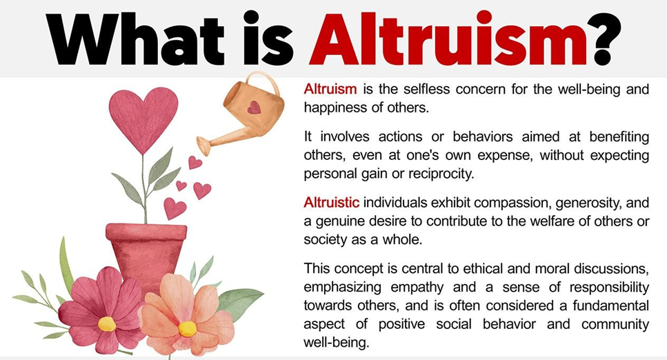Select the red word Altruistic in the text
tap(331, 203)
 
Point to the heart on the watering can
tap(254, 108)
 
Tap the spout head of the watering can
tap(203, 146)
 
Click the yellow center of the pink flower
tap(107, 324)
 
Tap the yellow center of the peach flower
tap(187, 329)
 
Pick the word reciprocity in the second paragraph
tap(441, 174)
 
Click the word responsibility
tap(609, 288)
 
